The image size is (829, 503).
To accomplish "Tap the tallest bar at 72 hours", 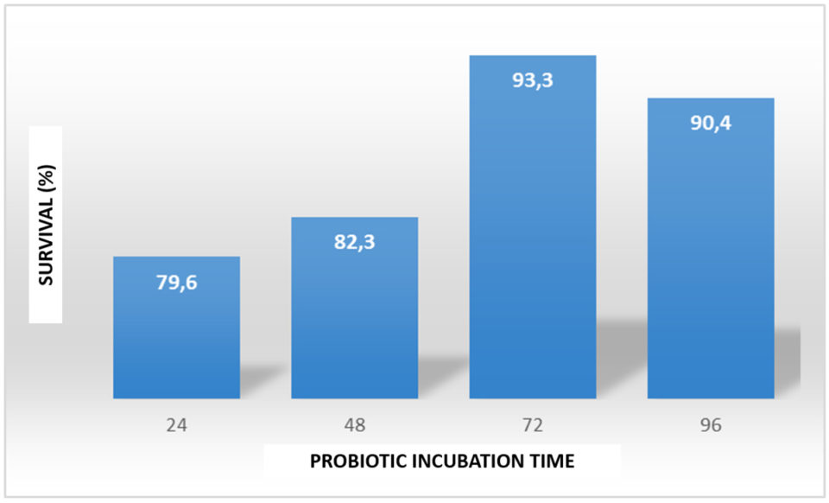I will point(532,242).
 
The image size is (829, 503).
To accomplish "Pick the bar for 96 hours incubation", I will point(710,259).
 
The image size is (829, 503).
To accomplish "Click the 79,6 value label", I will point(176,283).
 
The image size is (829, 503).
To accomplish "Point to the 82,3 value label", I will point(354,243).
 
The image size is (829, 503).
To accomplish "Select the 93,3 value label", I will point(532,82).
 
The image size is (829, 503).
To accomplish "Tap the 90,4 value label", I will point(710,124).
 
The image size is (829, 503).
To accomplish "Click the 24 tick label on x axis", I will point(176,426).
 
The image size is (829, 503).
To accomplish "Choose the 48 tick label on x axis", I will point(354,426).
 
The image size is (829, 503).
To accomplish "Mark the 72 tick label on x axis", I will point(532,426).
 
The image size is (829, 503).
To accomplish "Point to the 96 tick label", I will point(710,426).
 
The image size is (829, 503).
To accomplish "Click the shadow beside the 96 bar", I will point(787,354).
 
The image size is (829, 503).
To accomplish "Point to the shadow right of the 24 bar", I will point(259,380).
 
